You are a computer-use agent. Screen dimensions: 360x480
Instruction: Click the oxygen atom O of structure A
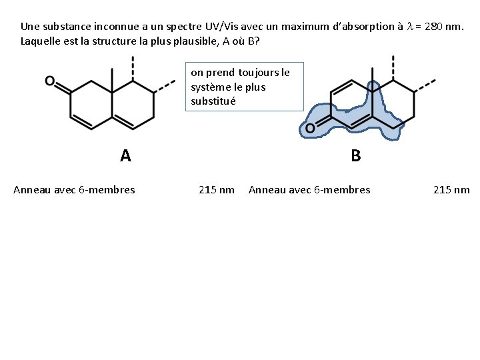click(49, 81)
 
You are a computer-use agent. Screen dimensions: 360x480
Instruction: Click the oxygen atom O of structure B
click(310, 129)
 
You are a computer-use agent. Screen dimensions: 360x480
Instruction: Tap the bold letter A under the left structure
click(125, 156)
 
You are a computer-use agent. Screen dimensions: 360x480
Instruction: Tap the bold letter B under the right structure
click(355, 156)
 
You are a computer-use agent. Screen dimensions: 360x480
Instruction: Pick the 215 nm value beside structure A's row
click(217, 190)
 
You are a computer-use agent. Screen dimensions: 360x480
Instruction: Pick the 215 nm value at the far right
click(451, 190)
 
